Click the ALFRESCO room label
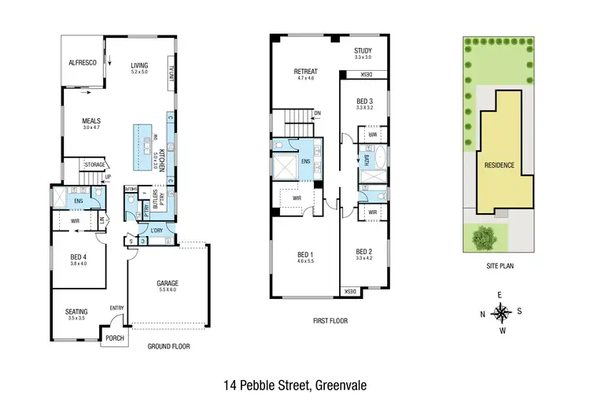[82, 61]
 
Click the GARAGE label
[168, 283]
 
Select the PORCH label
[114, 338]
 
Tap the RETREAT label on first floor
[305, 71]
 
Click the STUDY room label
[362, 50]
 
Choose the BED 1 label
[304, 254]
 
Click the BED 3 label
[363, 101]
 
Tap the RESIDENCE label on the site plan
[500, 165]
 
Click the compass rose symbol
[501, 313]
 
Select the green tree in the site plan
[481, 236]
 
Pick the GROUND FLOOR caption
[168, 346]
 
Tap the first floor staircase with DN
[299, 122]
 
